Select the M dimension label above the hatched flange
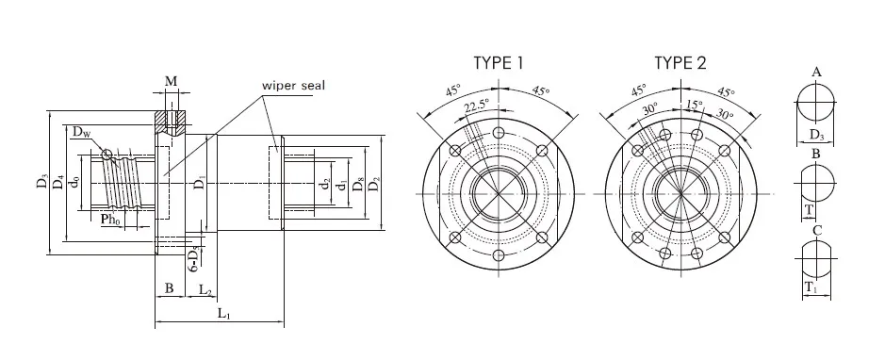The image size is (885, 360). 171,82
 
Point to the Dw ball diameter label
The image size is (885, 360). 81,134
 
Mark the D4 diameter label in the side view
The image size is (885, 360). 59,182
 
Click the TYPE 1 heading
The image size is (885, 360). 498,64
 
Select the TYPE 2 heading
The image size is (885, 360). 679,64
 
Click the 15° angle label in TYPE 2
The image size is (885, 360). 695,104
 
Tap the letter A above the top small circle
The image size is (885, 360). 816,72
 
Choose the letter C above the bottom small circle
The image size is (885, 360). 816,229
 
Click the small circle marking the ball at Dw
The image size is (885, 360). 108,154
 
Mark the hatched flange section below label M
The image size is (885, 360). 171,121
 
